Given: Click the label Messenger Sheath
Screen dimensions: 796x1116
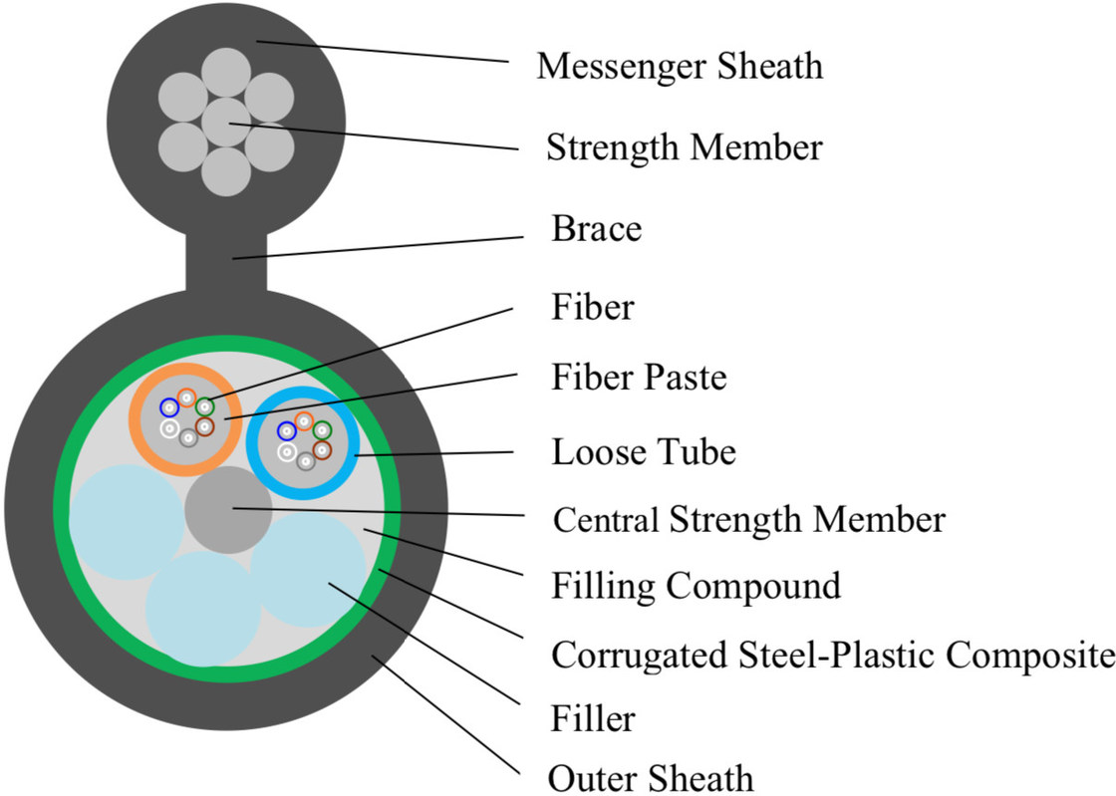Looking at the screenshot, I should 680,67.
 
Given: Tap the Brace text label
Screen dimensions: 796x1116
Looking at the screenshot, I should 596,229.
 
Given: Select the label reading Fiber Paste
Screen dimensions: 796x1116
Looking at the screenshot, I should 639,378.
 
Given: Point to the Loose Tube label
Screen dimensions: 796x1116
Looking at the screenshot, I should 644,452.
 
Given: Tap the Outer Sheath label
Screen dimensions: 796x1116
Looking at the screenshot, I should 652,776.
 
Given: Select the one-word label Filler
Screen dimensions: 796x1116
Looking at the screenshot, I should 593,717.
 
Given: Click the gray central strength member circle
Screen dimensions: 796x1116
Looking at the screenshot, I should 226,508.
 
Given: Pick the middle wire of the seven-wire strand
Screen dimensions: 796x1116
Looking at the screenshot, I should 226,123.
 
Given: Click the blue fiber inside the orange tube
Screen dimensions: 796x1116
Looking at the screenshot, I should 169,407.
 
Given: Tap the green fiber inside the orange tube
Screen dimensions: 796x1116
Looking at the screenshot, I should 204,406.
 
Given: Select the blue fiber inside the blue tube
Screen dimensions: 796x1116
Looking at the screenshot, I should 287,431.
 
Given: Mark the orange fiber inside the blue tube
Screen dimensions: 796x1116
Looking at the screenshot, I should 304,421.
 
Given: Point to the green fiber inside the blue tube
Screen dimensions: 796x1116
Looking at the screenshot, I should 322,431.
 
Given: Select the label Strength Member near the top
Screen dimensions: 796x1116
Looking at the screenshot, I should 684,147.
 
